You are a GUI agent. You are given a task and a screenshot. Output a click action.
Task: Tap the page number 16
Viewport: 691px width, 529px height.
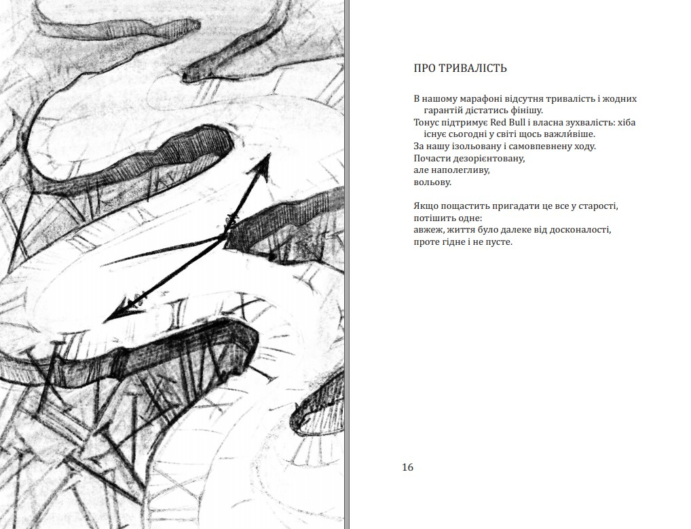pyautogui.click(x=408, y=467)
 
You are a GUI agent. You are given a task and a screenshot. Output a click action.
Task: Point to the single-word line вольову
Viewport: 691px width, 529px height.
pyautogui.click(x=432, y=182)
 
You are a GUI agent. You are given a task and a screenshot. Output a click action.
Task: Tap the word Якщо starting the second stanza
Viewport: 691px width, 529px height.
pyautogui.click(x=424, y=206)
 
